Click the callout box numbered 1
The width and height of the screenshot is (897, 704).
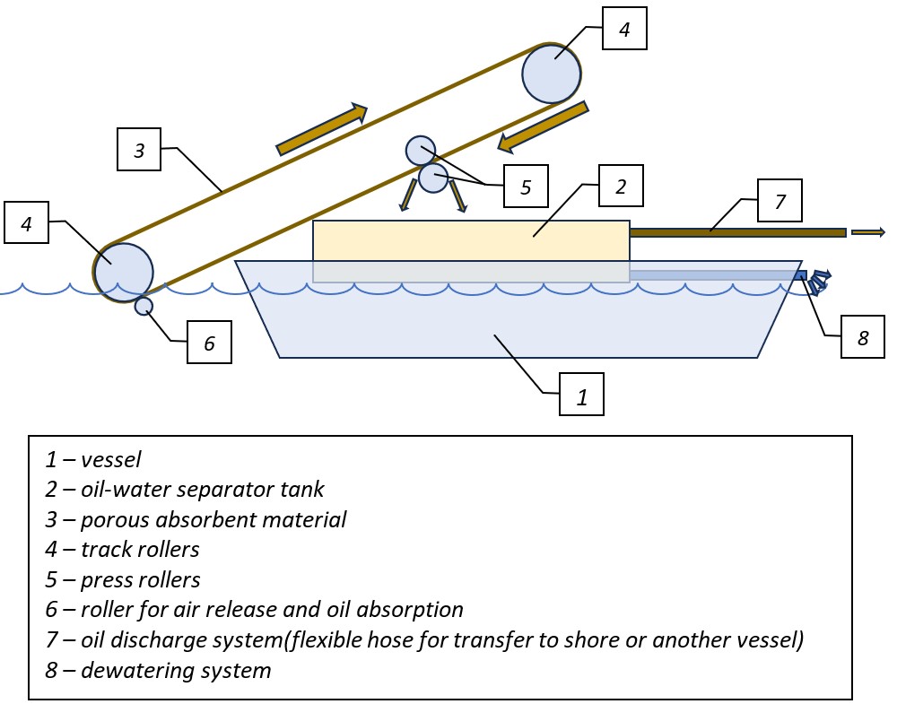point(581,394)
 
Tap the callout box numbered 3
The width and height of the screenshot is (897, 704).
point(139,149)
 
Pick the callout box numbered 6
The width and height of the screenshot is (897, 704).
point(209,342)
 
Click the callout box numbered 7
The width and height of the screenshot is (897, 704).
point(779,201)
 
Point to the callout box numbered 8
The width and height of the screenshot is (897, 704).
point(863,337)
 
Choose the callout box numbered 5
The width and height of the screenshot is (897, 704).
point(526,187)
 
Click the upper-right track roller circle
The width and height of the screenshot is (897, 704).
point(552,73)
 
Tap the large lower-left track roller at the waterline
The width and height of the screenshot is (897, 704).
point(124,272)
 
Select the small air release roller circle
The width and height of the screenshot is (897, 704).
point(144,307)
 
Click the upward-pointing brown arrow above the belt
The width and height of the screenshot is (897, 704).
point(322,129)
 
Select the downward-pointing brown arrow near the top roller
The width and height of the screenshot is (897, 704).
point(544,126)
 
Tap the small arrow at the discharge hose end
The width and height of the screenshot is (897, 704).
point(867,232)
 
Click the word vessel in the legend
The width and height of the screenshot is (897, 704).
point(110,459)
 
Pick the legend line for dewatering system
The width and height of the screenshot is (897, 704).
point(159,670)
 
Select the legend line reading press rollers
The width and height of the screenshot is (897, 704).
point(123,579)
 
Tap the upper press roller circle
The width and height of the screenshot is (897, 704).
point(420,150)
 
